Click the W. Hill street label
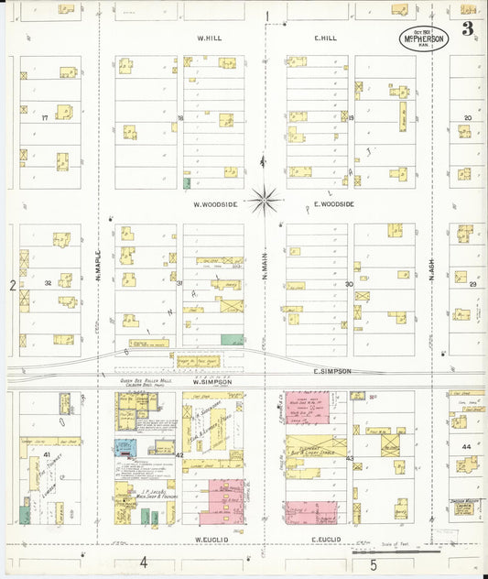tap(211, 38)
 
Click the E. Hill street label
tap(326, 38)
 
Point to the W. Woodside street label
tap(213, 204)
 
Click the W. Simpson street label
tap(212, 381)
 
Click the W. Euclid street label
tap(211, 540)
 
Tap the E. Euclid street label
tap(326, 540)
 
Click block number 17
tap(43, 118)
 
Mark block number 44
tap(467, 446)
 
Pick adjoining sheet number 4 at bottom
tap(143, 563)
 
